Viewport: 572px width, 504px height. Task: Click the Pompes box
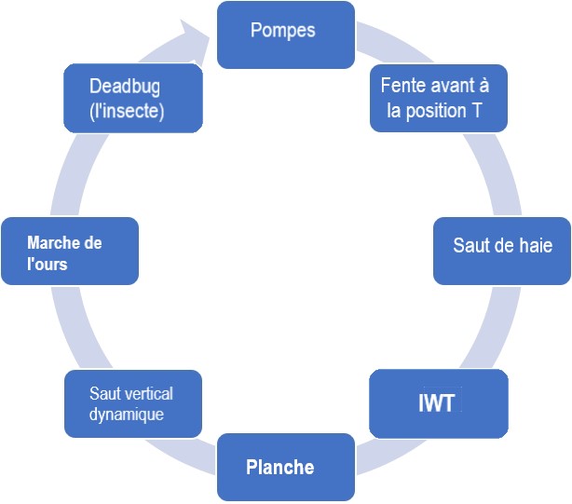point(285,34)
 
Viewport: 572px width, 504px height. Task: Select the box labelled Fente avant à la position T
point(438,98)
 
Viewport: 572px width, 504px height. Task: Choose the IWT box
point(439,403)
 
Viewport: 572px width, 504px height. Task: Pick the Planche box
point(285,467)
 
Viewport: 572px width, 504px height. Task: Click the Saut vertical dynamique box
point(132,403)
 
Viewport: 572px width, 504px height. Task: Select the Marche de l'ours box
point(70,251)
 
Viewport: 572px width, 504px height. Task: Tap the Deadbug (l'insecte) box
point(132,98)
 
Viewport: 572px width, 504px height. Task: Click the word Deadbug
point(125,86)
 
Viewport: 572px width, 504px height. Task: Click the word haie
point(532,246)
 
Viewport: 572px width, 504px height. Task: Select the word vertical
point(147,393)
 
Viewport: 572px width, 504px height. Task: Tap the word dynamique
point(127,414)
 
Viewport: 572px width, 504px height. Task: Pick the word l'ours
point(48,264)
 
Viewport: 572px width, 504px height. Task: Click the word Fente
point(402,86)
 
